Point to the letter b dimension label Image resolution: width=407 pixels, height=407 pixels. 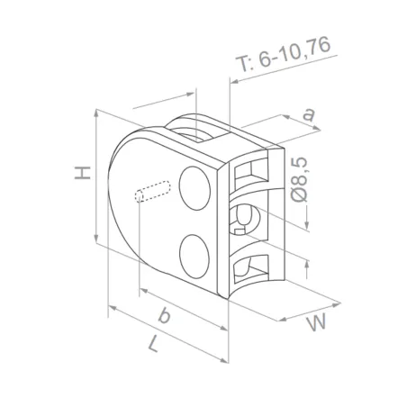[164, 315]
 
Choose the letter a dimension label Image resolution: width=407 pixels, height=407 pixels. [309, 114]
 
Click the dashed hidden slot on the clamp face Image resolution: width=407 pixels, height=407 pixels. [154, 193]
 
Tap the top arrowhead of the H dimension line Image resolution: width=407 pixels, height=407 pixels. [95, 113]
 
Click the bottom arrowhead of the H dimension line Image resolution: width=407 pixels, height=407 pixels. [95, 240]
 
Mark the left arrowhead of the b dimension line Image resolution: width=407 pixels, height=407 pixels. [141, 293]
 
